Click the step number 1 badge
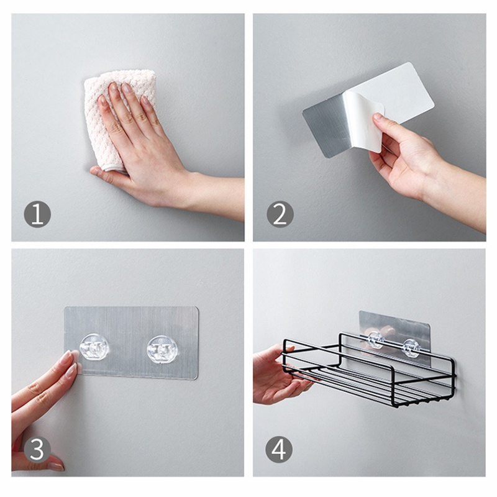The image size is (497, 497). tap(37, 215)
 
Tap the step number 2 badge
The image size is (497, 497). tap(280, 214)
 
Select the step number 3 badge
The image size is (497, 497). tap(37, 450)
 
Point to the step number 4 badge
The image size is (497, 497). tap(279, 449)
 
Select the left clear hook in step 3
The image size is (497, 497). tap(94, 347)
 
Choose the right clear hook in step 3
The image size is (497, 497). tap(162, 349)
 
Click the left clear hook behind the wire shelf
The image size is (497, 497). tap(376, 340)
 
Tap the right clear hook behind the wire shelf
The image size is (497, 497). tap(411, 347)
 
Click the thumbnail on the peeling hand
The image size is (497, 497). tap(378, 117)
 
